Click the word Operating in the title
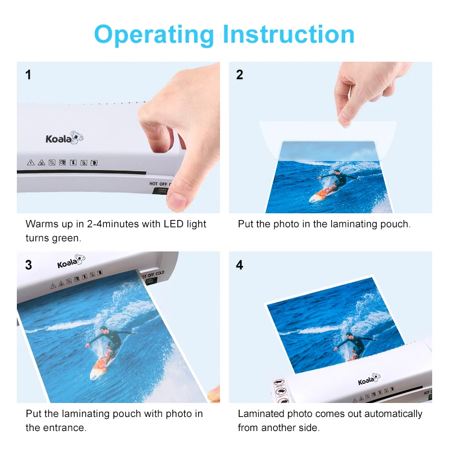click(154, 35)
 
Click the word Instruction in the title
click(288, 34)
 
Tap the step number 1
click(28, 75)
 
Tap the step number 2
click(240, 75)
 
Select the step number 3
click(29, 265)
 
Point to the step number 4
click(240, 265)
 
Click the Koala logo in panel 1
click(65, 138)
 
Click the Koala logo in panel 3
click(71, 261)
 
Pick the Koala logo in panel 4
click(369, 379)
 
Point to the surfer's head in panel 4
click(349, 335)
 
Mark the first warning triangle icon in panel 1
click(31, 163)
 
